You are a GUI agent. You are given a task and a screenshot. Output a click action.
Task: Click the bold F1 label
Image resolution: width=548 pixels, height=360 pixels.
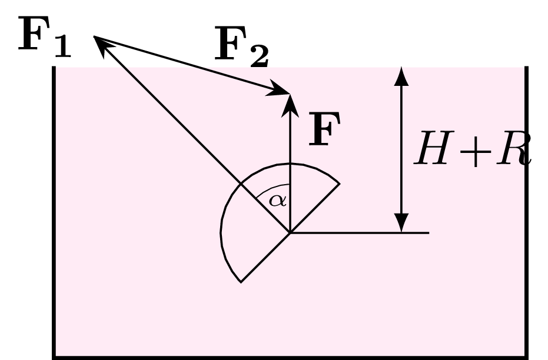45,36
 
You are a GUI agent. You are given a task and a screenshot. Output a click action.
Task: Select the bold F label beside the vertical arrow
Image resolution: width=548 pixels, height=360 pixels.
325,129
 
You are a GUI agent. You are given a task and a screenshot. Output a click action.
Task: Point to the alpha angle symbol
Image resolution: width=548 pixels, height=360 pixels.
277,201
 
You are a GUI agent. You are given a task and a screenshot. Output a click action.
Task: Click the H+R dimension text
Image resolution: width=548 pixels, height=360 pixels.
473,148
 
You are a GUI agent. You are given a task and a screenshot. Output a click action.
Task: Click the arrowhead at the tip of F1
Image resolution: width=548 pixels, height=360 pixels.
102,44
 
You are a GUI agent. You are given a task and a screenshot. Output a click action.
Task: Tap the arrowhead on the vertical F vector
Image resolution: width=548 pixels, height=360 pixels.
290,105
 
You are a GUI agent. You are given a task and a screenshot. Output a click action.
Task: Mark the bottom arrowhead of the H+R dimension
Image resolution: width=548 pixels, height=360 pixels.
401,223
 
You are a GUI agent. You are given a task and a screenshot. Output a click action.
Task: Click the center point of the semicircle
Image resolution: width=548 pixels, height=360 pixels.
290,232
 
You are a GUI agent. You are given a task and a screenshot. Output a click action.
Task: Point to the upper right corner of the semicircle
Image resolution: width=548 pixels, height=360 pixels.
340,184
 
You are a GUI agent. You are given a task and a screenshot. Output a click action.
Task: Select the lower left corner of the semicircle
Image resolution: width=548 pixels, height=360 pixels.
241,282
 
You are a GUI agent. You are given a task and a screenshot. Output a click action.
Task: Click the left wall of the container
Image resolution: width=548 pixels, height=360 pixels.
54,212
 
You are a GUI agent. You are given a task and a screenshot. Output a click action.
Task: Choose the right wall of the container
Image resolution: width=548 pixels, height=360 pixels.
527,212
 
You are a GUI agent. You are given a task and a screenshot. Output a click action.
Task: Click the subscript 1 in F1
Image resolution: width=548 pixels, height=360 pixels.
63,46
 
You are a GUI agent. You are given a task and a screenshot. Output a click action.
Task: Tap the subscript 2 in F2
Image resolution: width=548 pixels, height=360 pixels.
260,55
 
